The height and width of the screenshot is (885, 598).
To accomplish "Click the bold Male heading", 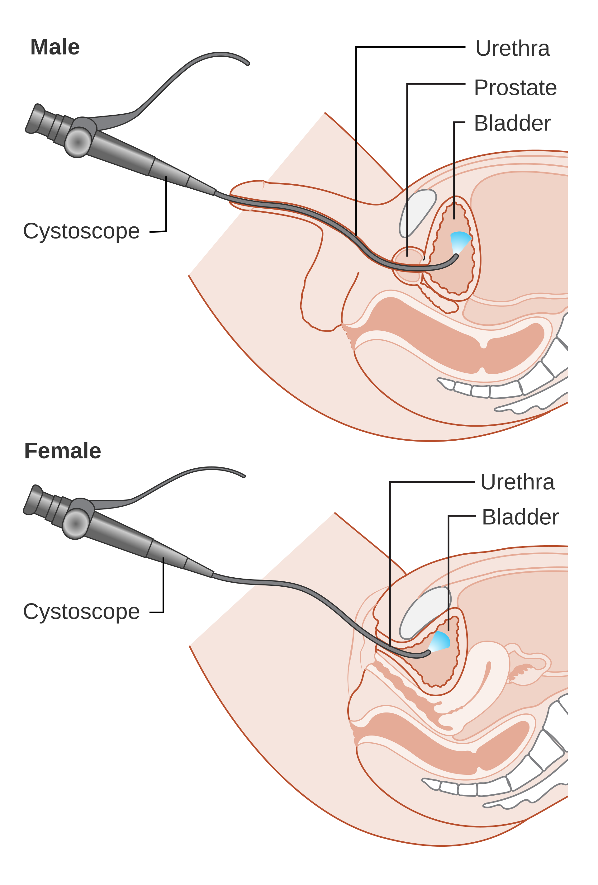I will tap(55, 47).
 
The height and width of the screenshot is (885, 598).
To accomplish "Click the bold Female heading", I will tap(63, 451).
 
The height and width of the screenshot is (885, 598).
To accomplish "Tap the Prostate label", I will tap(515, 88).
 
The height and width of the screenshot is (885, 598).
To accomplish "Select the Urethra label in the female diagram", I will tap(517, 482).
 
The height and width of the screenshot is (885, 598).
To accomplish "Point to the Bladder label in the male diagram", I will tap(512, 123).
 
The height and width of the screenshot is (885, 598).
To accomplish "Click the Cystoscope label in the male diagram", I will tap(81, 231).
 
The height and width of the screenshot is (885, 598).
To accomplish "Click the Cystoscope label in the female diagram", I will tap(81, 612).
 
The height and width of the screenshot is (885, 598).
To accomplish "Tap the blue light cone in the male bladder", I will tap(460, 241).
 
